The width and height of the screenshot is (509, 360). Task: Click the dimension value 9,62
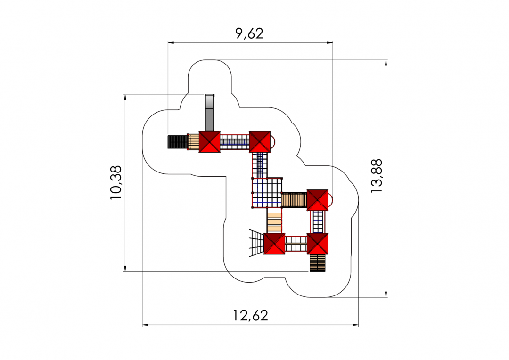point(249,33)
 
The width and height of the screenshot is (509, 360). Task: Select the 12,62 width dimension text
point(251,316)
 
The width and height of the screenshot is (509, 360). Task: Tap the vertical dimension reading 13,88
point(377,176)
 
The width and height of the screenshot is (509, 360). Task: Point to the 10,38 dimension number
point(116,183)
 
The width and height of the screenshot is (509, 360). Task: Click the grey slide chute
point(210,113)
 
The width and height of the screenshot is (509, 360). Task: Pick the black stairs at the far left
point(178,142)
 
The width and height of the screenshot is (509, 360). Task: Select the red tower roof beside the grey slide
point(209,142)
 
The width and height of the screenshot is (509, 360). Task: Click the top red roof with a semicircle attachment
point(260,142)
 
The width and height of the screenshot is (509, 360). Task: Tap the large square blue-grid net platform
point(267,192)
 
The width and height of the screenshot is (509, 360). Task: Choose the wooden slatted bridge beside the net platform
point(294,200)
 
